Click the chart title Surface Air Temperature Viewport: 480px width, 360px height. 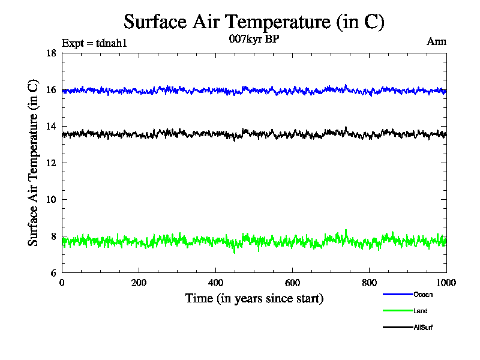click(x=254, y=22)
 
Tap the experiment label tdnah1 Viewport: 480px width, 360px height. click(x=95, y=43)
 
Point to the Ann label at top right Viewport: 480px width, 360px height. click(x=436, y=41)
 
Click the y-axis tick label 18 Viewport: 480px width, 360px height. click(x=51, y=53)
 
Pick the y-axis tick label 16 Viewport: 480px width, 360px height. click(x=51, y=90)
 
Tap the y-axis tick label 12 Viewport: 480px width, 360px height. click(x=51, y=163)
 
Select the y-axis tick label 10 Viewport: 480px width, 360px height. click(x=51, y=200)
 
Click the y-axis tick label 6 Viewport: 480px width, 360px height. click(x=53, y=273)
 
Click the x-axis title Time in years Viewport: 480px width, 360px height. click(x=254, y=298)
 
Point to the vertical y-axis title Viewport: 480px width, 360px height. click(x=34, y=163)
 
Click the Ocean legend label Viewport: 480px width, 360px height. click(x=422, y=295)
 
